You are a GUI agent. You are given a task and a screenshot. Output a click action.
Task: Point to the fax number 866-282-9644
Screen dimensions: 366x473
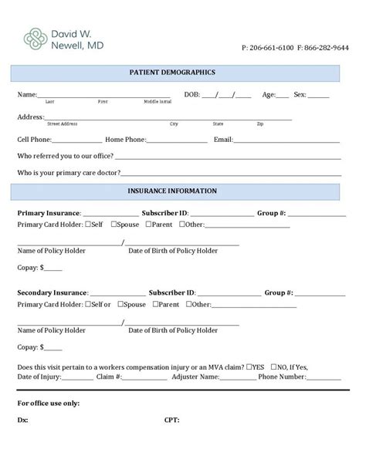coord(327,48)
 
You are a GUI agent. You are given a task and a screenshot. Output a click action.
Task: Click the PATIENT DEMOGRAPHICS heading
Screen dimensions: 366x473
coord(175,73)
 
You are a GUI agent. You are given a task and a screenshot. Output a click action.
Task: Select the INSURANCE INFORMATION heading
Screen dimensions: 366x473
coord(175,191)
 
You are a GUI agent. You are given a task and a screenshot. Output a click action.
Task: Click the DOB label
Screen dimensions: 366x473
coord(191,95)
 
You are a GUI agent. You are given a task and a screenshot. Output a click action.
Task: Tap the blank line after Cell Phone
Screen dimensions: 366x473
coord(76,141)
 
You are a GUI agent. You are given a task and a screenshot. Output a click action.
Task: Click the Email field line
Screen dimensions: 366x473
coord(286,141)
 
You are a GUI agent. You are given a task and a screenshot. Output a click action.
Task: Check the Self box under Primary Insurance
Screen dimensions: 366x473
coord(88,225)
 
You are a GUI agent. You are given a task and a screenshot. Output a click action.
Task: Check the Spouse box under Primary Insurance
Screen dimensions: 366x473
coord(114,225)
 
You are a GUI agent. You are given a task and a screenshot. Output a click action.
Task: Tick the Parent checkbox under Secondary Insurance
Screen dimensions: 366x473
coord(155,305)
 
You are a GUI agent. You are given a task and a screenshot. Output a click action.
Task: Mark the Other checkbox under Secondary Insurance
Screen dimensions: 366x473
coord(189,305)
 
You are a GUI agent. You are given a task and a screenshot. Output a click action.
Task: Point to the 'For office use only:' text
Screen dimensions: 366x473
coord(49,404)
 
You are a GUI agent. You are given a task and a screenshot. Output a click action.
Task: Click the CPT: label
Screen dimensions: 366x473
coord(171,421)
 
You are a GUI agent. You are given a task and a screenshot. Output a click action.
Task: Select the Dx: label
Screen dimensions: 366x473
coord(23,421)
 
